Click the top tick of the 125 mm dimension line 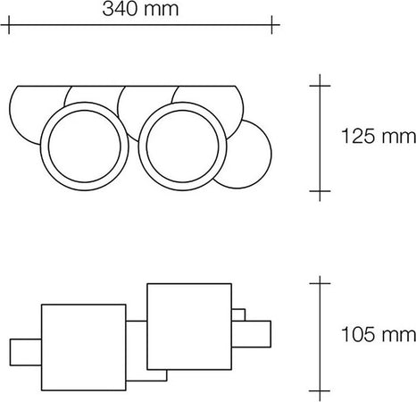pyautogui.click(x=320, y=85)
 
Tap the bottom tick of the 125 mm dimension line pyautogui.click(x=320, y=190)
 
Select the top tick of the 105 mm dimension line pyautogui.click(x=320, y=283)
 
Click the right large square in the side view pyautogui.click(x=189, y=325)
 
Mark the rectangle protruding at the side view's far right pyautogui.click(x=253, y=334)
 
